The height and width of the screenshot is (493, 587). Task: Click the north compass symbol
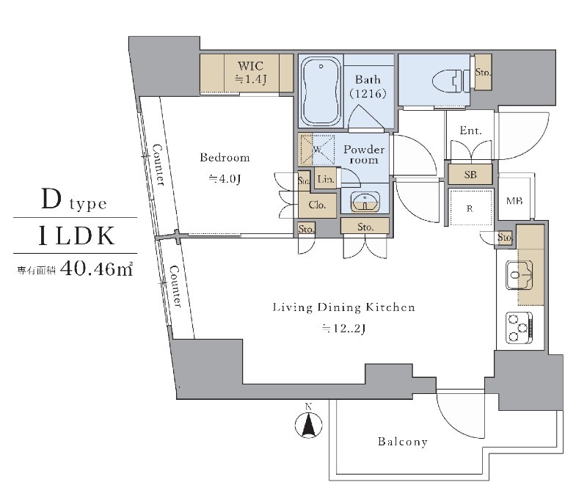[310, 423]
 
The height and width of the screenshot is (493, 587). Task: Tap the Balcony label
[403, 442]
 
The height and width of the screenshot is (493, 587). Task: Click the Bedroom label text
[225, 158]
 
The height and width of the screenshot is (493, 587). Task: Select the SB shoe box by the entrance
[470, 175]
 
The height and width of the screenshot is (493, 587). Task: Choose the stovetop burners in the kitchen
[520, 326]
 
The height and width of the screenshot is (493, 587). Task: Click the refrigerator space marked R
[470, 209]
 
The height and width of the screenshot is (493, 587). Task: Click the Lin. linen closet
[327, 179]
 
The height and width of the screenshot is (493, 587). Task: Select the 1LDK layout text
[76, 235]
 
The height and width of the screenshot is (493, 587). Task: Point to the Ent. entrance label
[470, 131]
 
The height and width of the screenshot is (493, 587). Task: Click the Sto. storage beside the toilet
[482, 73]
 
